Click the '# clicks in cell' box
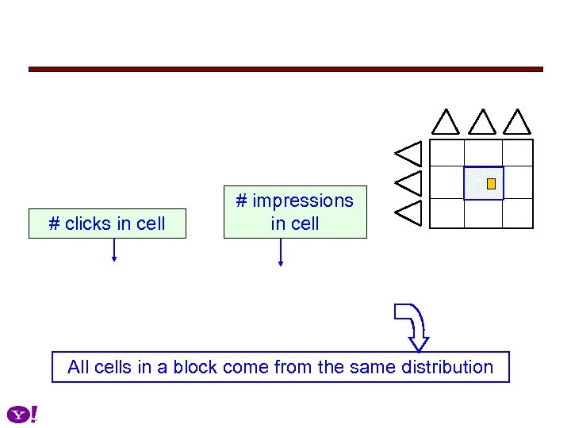coord(107,224)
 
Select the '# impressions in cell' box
coord(295,212)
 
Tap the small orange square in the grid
coord(491,184)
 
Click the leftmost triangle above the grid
coord(446,122)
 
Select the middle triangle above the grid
coord(481,122)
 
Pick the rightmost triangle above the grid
coord(517,122)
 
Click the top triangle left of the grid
coord(411,153)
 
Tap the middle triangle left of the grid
coord(411,182)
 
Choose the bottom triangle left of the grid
coord(411,212)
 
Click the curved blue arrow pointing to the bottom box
coord(414,325)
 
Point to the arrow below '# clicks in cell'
coord(114,250)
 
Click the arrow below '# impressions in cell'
coord(280,252)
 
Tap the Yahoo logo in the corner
coord(22,414)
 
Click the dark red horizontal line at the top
coord(285,70)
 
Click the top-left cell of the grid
coord(446,153)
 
